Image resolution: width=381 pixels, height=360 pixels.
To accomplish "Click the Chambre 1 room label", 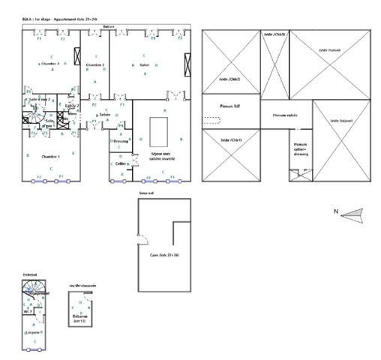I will pyautogui.click(x=50, y=156).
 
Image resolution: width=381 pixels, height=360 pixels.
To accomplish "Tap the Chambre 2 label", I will pyautogui.click(x=49, y=64).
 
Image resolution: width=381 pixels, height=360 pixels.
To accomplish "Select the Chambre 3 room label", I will pyautogui.click(x=94, y=65).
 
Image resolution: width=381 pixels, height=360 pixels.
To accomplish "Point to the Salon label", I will pyautogui.click(x=145, y=65).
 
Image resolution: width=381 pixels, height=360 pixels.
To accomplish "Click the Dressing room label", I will pyautogui.click(x=121, y=141).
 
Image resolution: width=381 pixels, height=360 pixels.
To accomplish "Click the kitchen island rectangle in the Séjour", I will pyautogui.click(x=158, y=133).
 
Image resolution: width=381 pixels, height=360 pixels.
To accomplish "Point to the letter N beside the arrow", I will pyautogui.click(x=335, y=213).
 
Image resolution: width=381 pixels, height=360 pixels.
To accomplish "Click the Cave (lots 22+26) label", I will pyautogui.click(x=164, y=256).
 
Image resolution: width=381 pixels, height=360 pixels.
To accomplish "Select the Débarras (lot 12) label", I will pyautogui.click(x=79, y=318).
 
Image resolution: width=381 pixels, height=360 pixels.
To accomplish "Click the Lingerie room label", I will pyautogui.click(x=32, y=331).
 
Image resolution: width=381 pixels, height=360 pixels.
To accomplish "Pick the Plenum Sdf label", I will pyautogui.click(x=229, y=106).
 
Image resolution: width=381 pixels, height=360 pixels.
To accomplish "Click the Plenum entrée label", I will pyautogui.click(x=277, y=115).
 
